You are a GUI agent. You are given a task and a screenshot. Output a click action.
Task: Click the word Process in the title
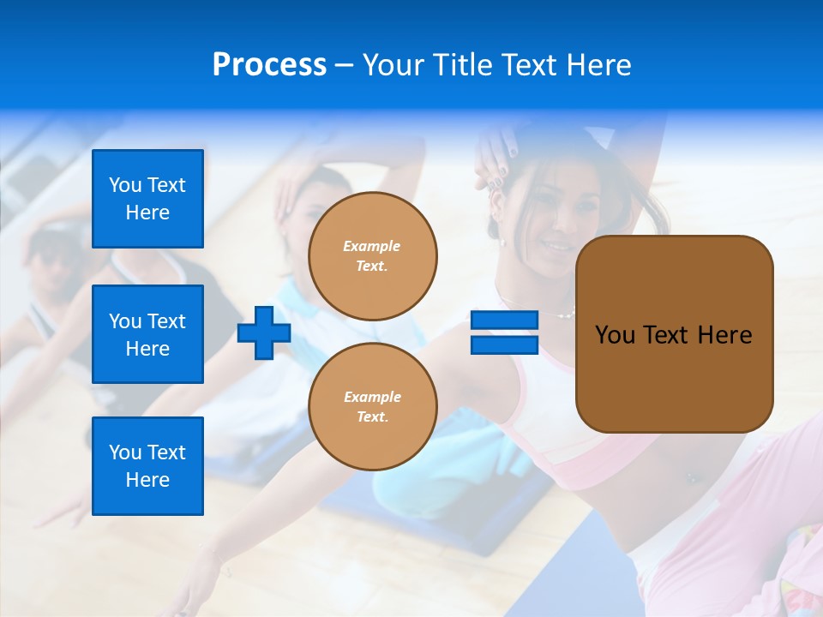269,65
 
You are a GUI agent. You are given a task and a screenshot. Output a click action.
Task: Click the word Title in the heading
463,65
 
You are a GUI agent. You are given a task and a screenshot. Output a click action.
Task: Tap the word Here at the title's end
598,65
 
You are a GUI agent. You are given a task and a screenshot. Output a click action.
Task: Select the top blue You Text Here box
147,199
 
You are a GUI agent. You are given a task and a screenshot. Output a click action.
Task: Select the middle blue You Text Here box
147,334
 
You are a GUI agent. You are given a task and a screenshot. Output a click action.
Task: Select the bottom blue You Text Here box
147,466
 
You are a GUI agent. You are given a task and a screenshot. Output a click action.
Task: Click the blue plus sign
264,332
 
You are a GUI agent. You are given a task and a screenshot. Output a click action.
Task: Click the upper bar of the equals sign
504,320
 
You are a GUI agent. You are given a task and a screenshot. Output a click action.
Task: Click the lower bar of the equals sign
504,345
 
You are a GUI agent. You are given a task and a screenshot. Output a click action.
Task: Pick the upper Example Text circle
372,256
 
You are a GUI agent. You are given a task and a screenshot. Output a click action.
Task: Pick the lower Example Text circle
372,407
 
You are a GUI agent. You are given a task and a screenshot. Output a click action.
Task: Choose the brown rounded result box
674,334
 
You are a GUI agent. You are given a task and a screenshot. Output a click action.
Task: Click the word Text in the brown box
671,335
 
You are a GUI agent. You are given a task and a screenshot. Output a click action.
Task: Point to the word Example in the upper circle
372,246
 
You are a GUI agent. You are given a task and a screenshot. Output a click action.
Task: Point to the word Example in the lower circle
372,397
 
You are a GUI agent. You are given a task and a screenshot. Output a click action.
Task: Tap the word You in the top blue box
124,185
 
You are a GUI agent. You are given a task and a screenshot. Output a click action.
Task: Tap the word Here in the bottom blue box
147,480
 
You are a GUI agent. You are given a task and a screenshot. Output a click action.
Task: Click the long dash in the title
344,65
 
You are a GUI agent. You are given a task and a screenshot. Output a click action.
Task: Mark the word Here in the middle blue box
147,349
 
